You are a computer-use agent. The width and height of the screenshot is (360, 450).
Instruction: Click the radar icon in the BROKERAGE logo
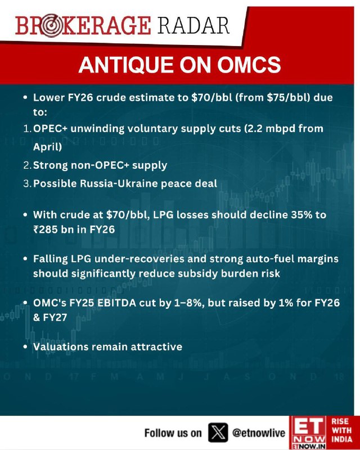point(49,26)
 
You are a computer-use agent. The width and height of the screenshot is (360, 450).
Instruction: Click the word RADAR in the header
point(193,25)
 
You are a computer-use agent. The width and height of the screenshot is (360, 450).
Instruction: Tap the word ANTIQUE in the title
point(126,65)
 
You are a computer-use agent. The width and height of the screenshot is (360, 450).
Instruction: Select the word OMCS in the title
point(249,65)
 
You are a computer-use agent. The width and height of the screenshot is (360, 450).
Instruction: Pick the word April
point(47,147)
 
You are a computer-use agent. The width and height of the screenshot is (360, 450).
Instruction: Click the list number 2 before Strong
point(27,165)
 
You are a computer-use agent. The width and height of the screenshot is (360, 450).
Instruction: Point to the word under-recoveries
point(139,259)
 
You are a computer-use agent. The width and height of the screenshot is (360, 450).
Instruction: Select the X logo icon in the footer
point(218,432)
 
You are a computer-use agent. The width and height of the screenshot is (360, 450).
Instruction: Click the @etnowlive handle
point(259,433)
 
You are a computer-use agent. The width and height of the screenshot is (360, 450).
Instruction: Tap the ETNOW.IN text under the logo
point(309,447)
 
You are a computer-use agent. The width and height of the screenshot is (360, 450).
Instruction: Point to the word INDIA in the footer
point(341,439)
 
